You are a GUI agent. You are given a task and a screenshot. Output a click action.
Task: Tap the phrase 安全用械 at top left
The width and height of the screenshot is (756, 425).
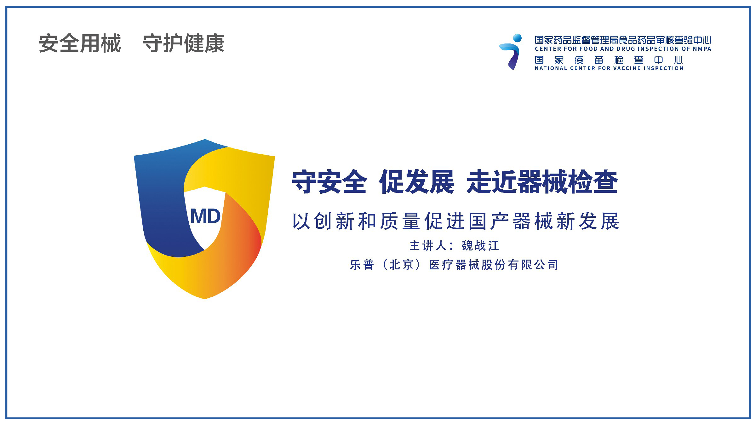pyautogui.click(x=80, y=43)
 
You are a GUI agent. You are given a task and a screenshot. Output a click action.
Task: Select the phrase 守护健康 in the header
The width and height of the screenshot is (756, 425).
pyautogui.click(x=184, y=43)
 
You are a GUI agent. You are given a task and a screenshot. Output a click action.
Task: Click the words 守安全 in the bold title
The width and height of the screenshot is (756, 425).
pyautogui.click(x=329, y=182)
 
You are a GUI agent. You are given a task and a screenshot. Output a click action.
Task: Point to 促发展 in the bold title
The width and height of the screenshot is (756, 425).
pyautogui.click(x=417, y=182)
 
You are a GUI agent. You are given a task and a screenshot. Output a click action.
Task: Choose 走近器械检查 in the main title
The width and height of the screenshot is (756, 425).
pyautogui.click(x=542, y=182)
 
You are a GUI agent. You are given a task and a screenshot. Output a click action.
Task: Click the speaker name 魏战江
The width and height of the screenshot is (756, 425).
pyautogui.click(x=481, y=246)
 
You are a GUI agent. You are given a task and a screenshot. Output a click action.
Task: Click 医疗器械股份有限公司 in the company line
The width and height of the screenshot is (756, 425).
pyautogui.click(x=493, y=265)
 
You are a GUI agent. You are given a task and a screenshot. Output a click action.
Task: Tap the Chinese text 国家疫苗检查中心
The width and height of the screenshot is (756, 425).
pyautogui.click(x=609, y=60)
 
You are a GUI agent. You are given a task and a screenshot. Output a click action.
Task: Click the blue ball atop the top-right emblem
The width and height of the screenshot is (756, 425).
pyautogui.click(x=517, y=38)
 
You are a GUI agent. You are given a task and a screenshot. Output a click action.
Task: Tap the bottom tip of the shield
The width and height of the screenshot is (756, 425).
pyautogui.click(x=205, y=298)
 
